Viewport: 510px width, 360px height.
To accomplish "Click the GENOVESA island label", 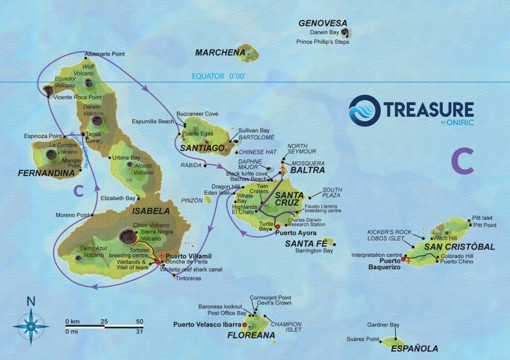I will [x=323, y=23].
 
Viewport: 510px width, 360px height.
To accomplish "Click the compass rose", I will [x=30, y=323].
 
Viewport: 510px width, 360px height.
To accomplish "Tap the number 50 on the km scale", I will [x=140, y=321].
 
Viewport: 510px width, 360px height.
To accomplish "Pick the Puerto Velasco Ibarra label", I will [x=207, y=325].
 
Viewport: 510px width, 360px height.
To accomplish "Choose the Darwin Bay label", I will [x=325, y=32].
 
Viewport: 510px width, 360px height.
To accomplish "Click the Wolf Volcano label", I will [x=88, y=70].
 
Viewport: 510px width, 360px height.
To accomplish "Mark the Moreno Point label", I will [x=74, y=214].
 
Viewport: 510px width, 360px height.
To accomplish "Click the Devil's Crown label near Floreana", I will [x=275, y=303].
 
